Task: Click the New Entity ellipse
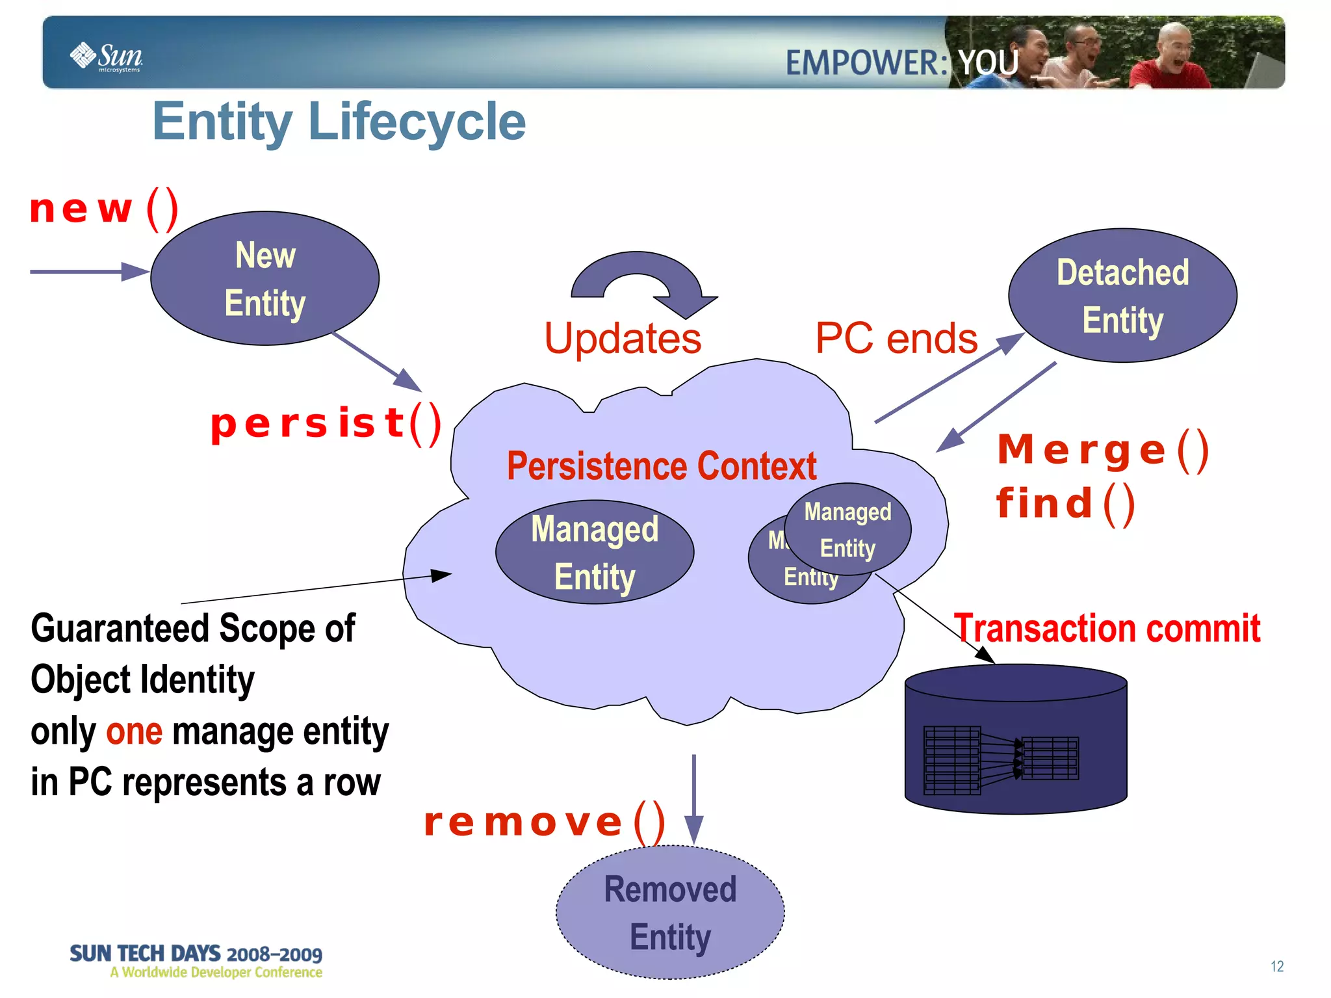(265, 278)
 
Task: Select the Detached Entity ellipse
(1122, 296)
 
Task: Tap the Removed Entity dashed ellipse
(670, 912)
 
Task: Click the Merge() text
(1103, 450)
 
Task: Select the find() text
(1066, 504)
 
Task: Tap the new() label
(104, 209)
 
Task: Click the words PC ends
(896, 338)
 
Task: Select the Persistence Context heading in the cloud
(661, 466)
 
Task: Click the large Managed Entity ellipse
(595, 552)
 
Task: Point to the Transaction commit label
(1107, 628)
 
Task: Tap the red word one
(134, 731)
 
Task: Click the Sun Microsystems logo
(107, 57)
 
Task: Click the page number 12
(1276, 966)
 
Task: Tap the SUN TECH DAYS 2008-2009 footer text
(196, 954)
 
